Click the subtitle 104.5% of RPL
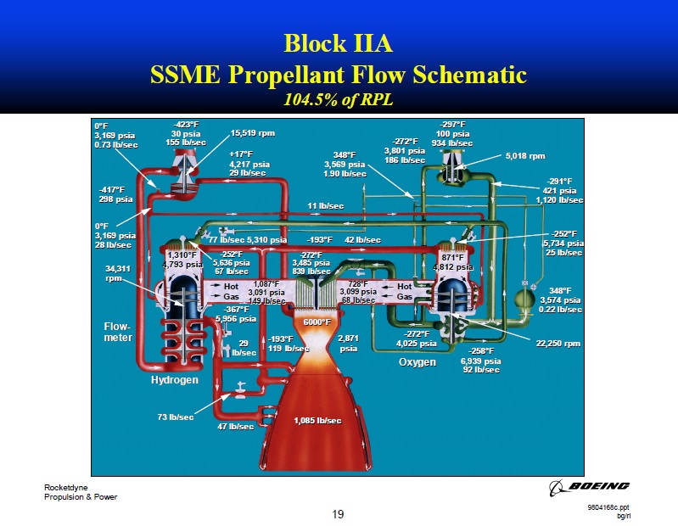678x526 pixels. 339,99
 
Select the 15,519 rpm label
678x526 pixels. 253,133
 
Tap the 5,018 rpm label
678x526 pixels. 525,156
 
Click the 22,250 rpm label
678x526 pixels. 558,344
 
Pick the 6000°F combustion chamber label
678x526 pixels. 317,322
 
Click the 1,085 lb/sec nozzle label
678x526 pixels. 317,421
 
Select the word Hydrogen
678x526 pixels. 175,380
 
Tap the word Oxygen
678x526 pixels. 417,362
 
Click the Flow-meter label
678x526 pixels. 118,332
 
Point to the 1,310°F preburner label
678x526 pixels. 182,255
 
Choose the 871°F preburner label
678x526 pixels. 452,257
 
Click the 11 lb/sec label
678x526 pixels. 325,206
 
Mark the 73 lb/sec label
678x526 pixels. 176,417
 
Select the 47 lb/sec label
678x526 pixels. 236,427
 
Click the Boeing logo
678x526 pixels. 591,486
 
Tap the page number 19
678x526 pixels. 339,514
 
